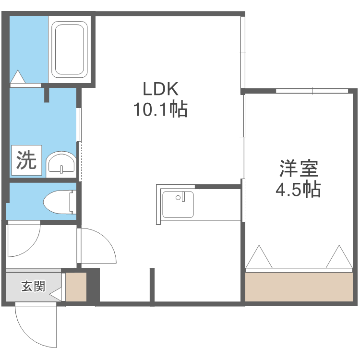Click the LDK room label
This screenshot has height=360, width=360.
tap(160, 89)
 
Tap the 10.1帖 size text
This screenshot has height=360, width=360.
tap(160, 111)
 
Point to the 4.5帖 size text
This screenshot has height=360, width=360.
tap(298, 190)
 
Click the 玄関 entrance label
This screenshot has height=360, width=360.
tap(33, 287)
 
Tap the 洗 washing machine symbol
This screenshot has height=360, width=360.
tap(26, 160)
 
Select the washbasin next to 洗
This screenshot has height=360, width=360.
tap(62, 164)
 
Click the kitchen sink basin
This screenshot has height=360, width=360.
tap(178, 204)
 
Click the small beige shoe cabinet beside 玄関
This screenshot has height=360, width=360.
tap(76, 287)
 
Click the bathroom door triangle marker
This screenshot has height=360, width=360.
tap(18, 77)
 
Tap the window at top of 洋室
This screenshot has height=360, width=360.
tap(312, 91)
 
